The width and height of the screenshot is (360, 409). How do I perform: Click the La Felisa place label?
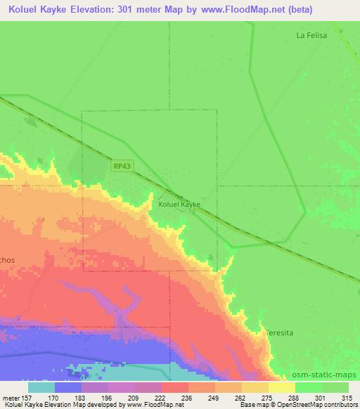311,34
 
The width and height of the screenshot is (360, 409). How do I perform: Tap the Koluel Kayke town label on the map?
179,204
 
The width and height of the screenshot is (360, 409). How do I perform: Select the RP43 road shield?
121,166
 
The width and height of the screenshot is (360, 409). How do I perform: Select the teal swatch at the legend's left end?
41,387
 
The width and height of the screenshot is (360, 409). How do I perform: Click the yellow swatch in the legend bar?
282,387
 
